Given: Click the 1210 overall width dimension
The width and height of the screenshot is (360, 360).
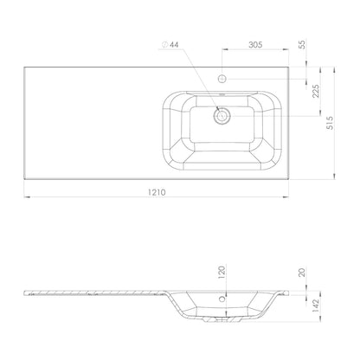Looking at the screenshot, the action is pos(157,192).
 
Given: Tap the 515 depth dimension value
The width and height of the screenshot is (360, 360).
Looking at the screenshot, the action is pos(330,123).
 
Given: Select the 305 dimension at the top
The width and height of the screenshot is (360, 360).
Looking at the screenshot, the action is pos(255,45).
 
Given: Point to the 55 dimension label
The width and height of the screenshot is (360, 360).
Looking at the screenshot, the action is pos(302,45).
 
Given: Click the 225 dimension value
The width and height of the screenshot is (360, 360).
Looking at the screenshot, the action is pos(316,91).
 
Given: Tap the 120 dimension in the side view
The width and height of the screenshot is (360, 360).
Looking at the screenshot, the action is pos(222,273).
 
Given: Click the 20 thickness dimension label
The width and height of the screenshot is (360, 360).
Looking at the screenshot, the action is pos(302,273).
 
